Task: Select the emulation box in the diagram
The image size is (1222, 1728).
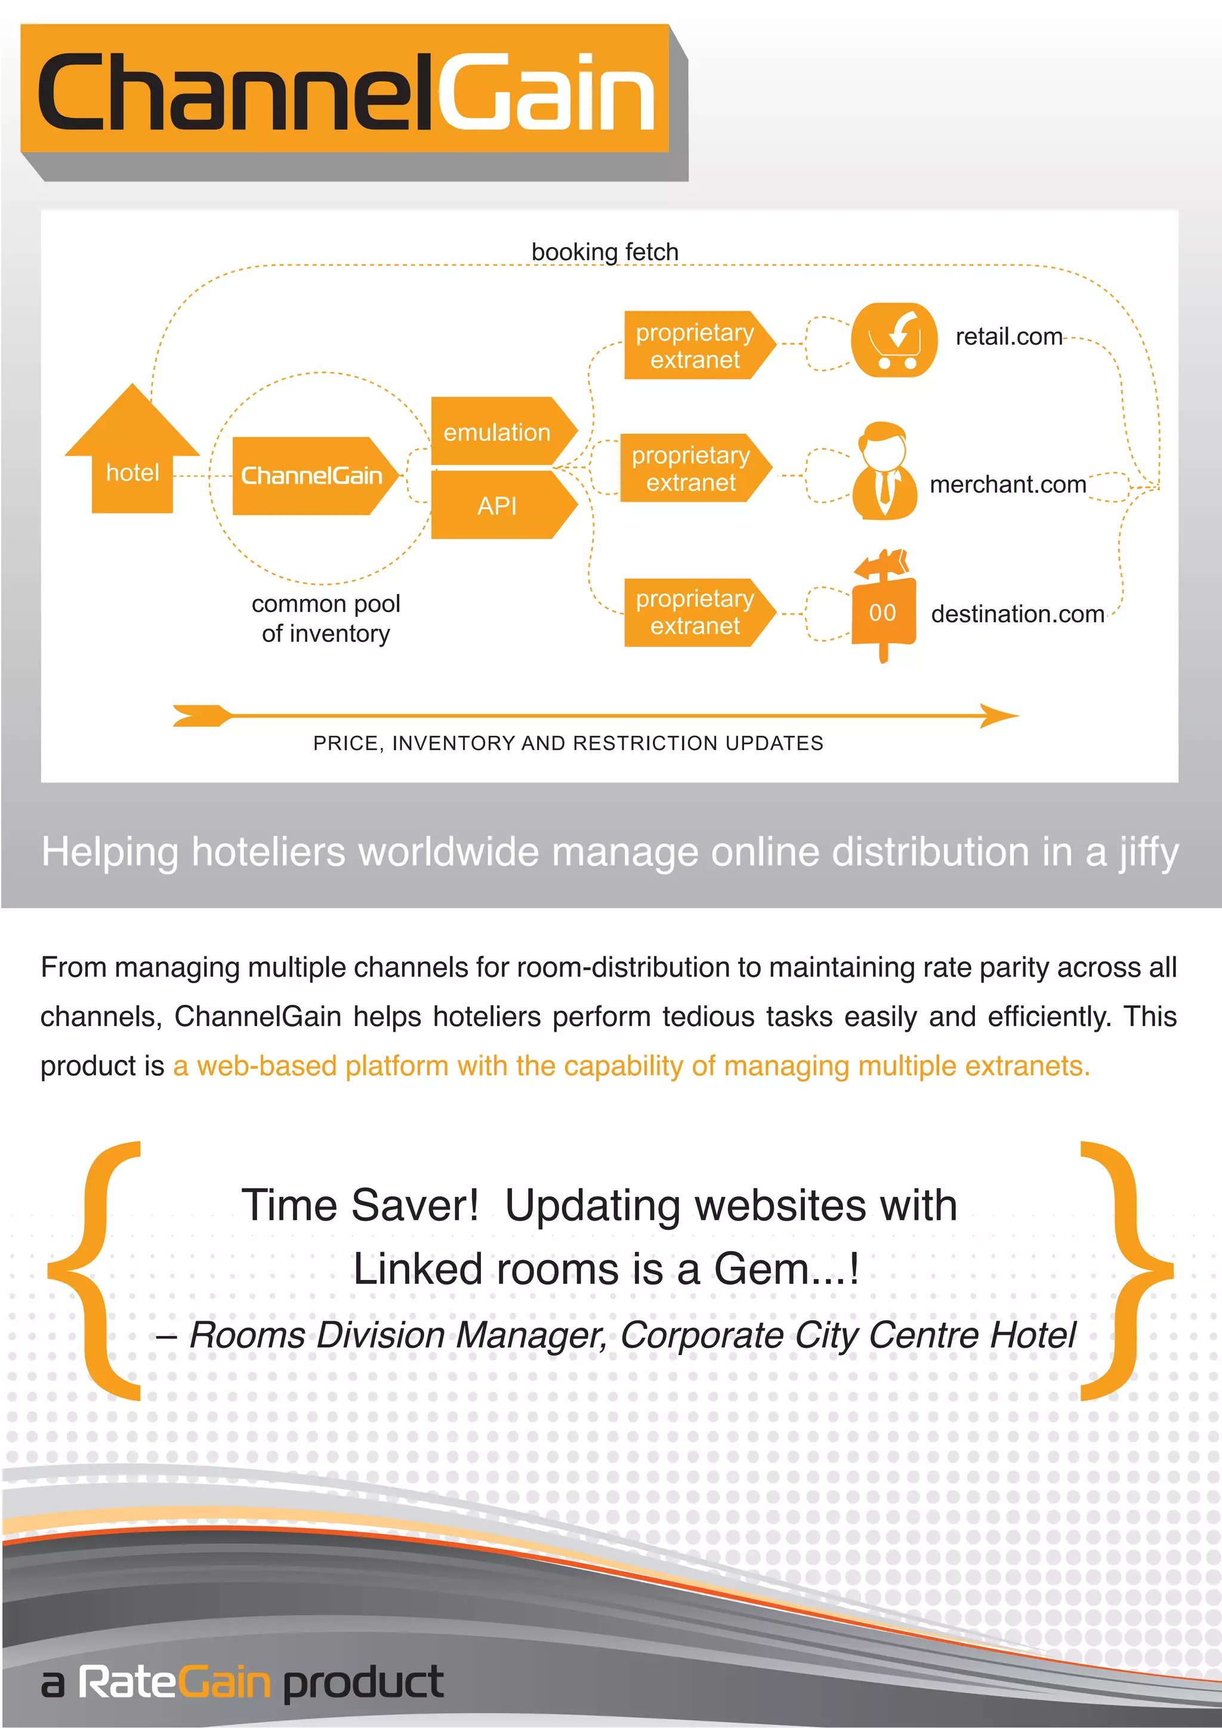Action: [x=498, y=431]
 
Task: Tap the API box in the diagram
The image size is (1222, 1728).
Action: [x=498, y=505]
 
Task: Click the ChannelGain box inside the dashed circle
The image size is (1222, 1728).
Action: [x=311, y=476]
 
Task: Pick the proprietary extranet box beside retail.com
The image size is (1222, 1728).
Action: [x=695, y=345]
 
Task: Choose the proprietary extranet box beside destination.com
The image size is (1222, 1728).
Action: [x=695, y=612]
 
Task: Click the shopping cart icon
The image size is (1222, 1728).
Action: [x=894, y=340]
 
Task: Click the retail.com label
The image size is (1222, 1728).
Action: [x=1008, y=337]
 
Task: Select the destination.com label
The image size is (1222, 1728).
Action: [x=1017, y=614]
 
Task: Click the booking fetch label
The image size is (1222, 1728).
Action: [x=605, y=251]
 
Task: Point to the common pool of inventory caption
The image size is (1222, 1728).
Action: [x=326, y=619]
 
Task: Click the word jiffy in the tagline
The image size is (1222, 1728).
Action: [x=1147, y=853]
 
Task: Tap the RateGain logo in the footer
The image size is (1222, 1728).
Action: [x=174, y=1681]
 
